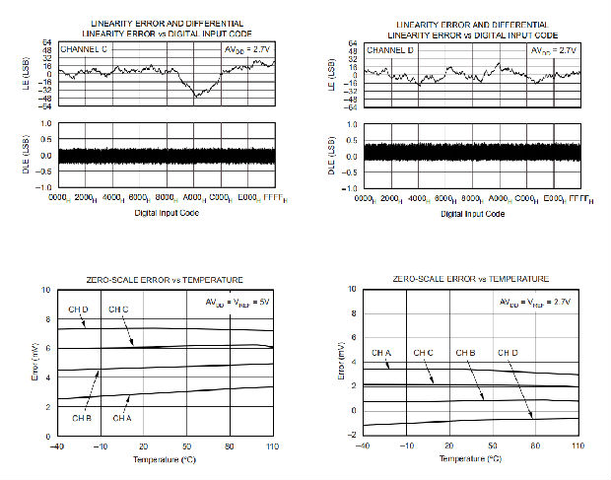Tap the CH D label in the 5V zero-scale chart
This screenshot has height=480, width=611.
click(x=79, y=310)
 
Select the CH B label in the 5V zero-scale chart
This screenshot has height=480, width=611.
click(x=82, y=417)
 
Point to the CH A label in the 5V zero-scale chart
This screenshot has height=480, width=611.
click(x=122, y=417)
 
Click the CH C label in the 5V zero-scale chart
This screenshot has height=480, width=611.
click(x=118, y=310)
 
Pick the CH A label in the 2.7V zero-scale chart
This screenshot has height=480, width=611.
click(x=382, y=352)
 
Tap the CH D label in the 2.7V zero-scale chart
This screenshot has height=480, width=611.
click(x=508, y=352)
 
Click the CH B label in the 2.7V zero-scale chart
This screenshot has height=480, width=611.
click(x=466, y=352)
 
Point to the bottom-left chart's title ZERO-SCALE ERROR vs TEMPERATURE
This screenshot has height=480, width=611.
click(x=165, y=280)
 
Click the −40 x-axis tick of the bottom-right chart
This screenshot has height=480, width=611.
click(x=363, y=447)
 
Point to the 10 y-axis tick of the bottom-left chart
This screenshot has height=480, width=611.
click(x=46, y=291)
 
